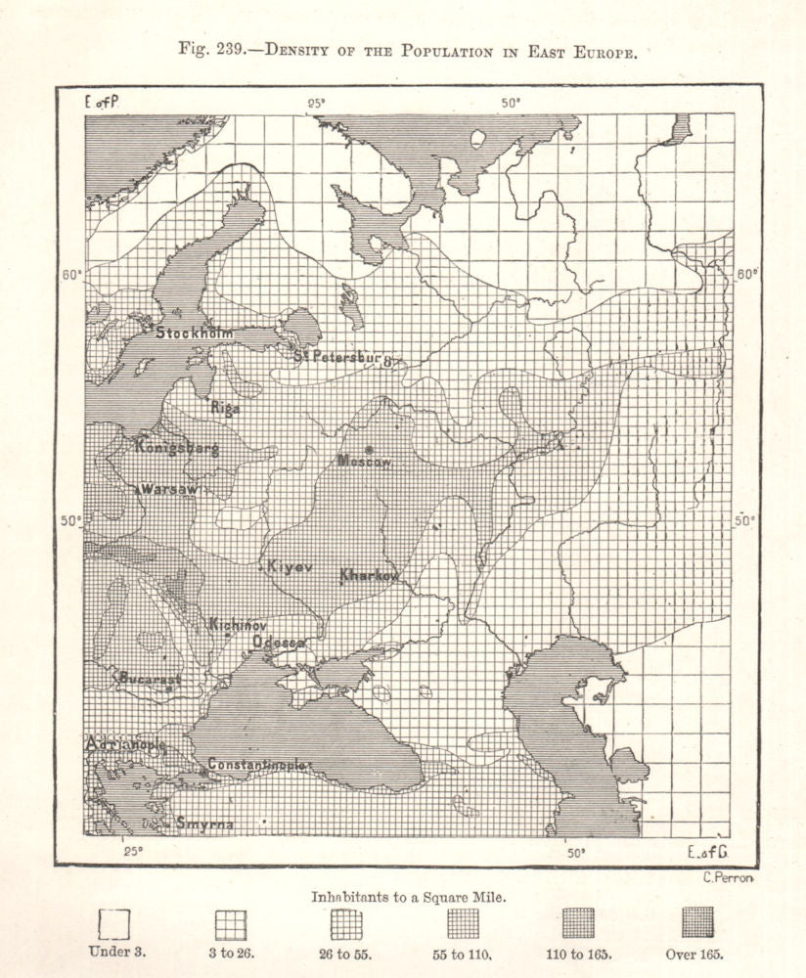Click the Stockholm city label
click(195, 332)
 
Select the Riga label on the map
click(225, 407)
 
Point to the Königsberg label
click(177, 448)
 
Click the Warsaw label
click(170, 488)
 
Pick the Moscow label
click(364, 460)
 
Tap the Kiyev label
click(289, 566)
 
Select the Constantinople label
click(257, 764)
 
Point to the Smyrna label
click(204, 824)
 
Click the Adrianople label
click(126, 745)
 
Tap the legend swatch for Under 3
click(114, 923)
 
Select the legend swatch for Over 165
click(697, 922)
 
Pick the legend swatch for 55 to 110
click(463, 922)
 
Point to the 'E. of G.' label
click(709, 852)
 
